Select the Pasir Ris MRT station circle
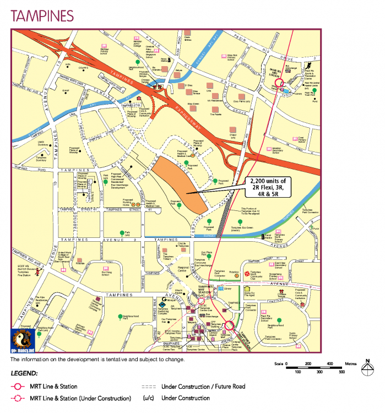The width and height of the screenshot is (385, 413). click(279, 81)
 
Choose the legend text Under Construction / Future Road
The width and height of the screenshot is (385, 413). click(203, 387)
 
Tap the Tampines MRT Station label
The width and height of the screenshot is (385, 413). click(206, 291)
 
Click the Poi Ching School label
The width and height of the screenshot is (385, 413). click(111, 272)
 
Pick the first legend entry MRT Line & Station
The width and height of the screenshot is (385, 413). click(53, 387)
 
